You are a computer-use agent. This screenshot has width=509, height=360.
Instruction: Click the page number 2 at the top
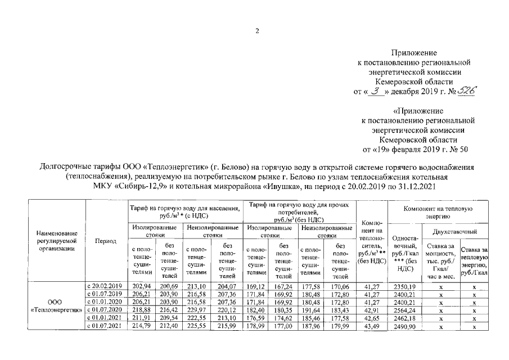(x=256, y=31)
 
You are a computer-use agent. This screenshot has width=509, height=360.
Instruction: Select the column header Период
(x=106, y=241)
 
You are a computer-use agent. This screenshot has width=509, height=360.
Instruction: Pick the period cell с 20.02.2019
(x=106, y=286)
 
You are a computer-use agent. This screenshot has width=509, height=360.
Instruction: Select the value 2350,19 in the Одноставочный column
(x=404, y=286)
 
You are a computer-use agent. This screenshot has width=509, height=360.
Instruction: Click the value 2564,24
(x=404, y=310)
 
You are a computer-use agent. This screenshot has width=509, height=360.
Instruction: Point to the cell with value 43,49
(x=371, y=326)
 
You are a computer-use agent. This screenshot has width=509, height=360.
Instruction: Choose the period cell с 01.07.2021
(x=106, y=326)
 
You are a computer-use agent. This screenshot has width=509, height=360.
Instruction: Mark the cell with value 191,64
(x=312, y=310)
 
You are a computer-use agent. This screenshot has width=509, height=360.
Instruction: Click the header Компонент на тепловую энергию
(x=437, y=212)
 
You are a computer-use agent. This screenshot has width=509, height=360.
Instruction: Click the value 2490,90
(x=404, y=326)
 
